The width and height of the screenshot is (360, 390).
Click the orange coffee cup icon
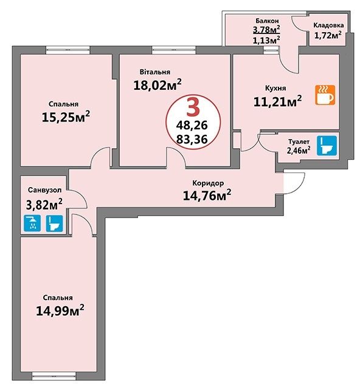click(x=325, y=95)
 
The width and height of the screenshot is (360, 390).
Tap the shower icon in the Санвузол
click(x=32, y=223)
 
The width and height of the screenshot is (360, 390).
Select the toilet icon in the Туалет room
click(x=327, y=146)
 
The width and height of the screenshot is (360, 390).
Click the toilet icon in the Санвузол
click(x=55, y=224)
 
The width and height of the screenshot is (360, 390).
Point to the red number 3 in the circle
click(x=193, y=107)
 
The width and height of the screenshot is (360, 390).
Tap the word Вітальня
click(x=155, y=72)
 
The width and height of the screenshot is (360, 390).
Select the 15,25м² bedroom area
click(x=66, y=117)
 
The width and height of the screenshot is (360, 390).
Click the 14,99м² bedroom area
click(x=60, y=310)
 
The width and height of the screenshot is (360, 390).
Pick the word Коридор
click(x=208, y=183)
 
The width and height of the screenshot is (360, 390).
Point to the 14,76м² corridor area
click(x=207, y=196)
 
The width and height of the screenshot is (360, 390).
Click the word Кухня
click(x=275, y=88)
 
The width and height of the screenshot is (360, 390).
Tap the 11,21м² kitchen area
click(x=277, y=101)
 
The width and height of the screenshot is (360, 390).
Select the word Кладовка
click(x=328, y=25)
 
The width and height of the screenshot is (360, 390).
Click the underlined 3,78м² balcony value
click(x=266, y=30)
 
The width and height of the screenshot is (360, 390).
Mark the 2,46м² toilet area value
click(x=299, y=150)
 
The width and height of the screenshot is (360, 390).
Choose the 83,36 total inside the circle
click(x=192, y=139)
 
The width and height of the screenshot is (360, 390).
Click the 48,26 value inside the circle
click(x=192, y=125)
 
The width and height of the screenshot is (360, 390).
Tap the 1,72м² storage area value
click(x=328, y=35)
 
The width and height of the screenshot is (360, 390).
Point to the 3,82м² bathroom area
click(x=44, y=205)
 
